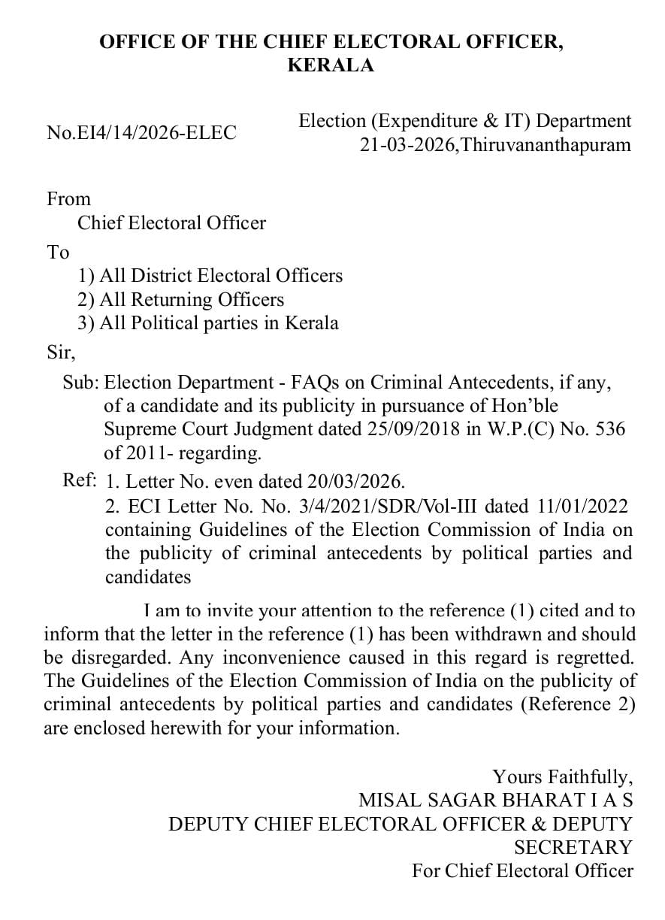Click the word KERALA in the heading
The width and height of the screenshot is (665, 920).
tap(331, 65)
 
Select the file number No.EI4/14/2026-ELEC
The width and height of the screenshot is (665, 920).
tap(141, 133)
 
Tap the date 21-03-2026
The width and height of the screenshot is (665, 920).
tap(407, 145)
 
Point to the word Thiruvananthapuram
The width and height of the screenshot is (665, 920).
tap(546, 145)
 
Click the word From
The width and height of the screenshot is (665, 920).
tap(68, 199)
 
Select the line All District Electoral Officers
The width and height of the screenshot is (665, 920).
tap(210, 276)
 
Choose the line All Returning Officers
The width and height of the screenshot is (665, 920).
tap(181, 300)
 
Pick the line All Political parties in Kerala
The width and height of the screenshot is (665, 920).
tap(208, 323)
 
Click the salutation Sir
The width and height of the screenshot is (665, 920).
tap(60, 351)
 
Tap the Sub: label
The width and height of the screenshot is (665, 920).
tap(80, 383)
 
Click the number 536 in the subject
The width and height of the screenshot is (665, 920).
tap(609, 430)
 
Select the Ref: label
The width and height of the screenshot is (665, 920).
tap(80, 480)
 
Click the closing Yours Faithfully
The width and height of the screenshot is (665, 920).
tap(562, 776)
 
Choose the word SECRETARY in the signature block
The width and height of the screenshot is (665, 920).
tap(573, 847)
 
